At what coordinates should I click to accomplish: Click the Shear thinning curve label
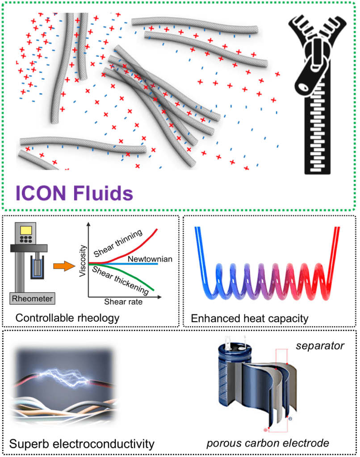[x=118, y=237]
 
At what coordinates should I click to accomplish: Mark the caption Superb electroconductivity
[x=82, y=444]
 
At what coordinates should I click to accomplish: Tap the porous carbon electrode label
[x=268, y=443]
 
